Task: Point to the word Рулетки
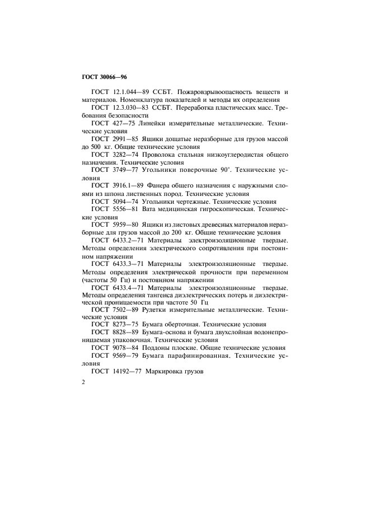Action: [x=161, y=309]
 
